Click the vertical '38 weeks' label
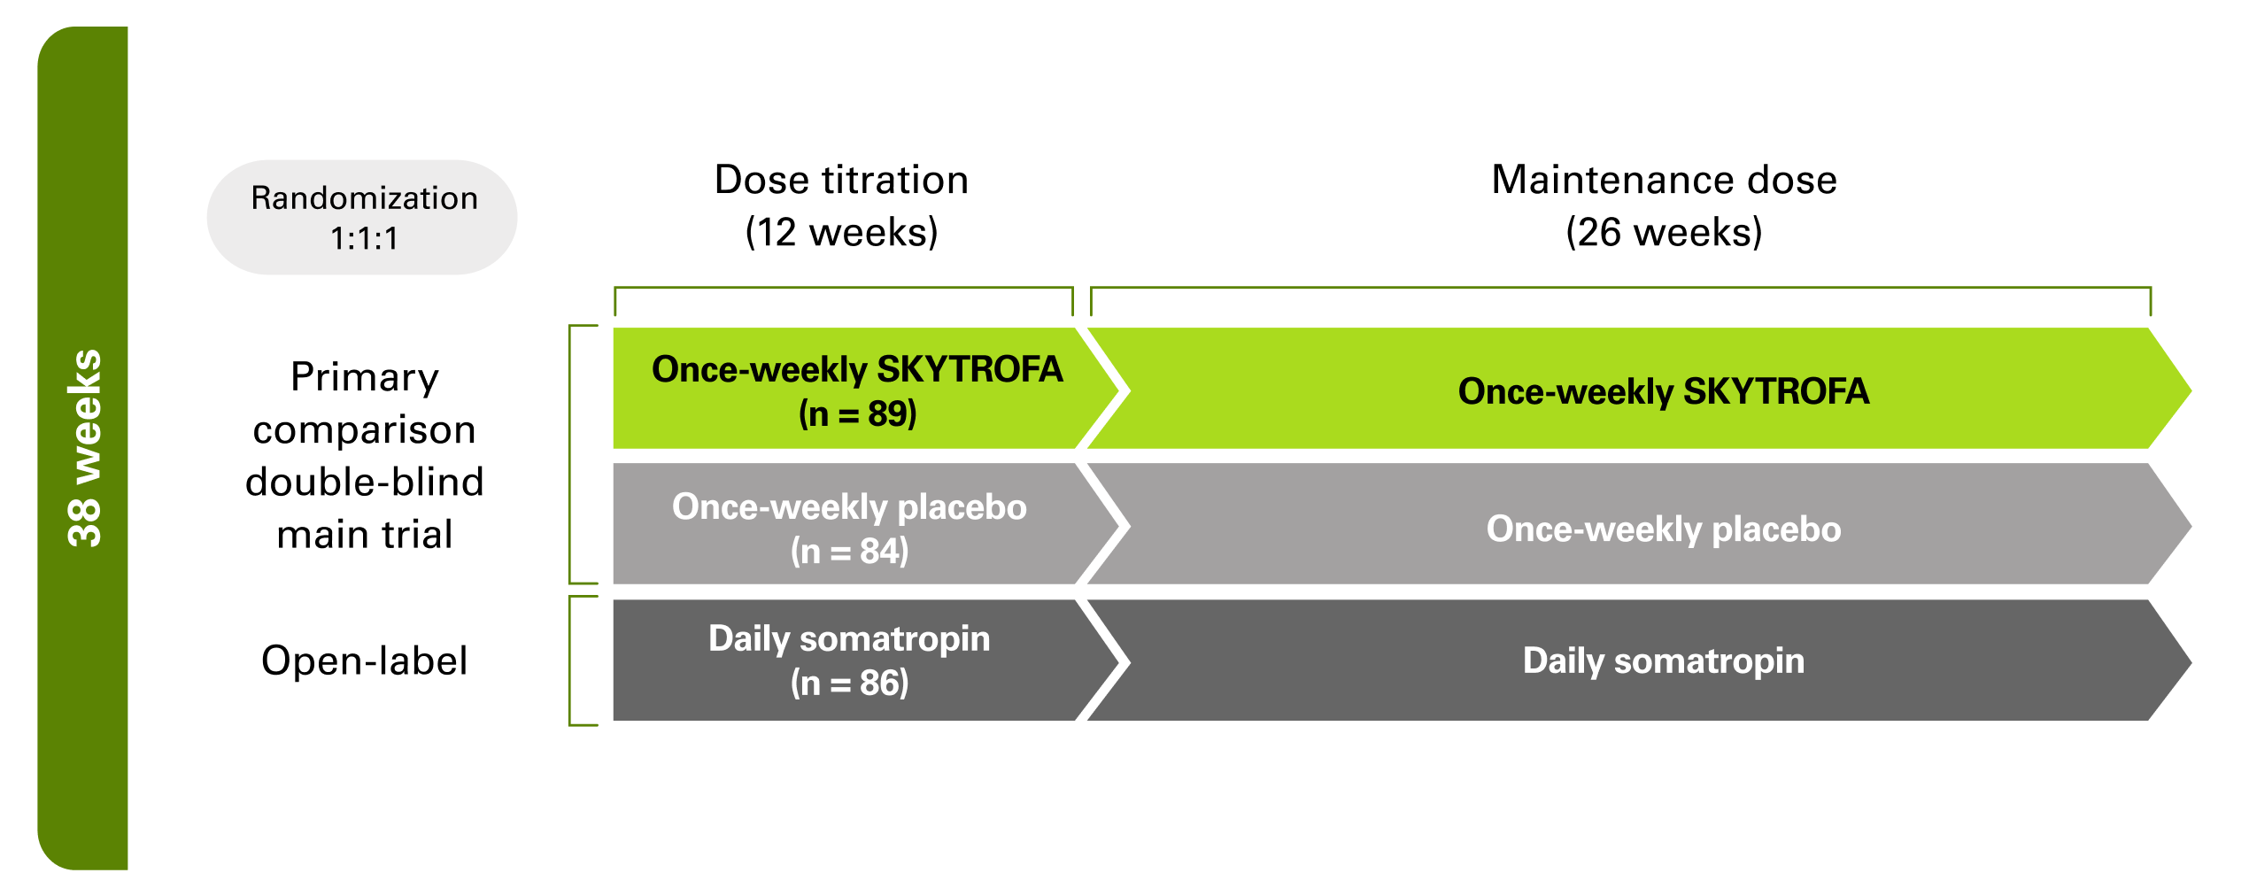[85, 448]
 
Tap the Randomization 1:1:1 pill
[363, 218]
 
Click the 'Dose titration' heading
[841, 180]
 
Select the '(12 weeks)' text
[841, 232]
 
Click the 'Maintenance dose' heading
[1664, 180]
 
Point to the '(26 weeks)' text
[1664, 232]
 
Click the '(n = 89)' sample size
[857, 413]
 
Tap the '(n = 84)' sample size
[849, 551]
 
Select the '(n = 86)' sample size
[849, 683]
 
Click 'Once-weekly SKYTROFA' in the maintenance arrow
[1664, 391]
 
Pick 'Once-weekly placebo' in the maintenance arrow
[1664, 529]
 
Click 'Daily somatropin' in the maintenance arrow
[1664, 660]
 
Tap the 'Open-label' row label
[364, 660]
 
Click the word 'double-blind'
[364, 483]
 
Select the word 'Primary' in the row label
[364, 377]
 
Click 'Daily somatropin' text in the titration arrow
[849, 638]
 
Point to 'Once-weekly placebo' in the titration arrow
[849, 506]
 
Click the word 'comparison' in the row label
[364, 430]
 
